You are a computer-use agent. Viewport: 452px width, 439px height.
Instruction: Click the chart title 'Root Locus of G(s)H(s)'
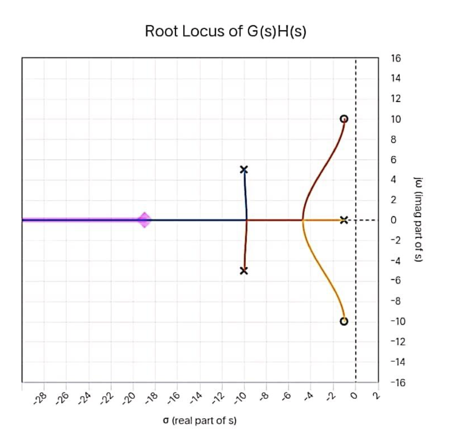pyautogui.click(x=226, y=32)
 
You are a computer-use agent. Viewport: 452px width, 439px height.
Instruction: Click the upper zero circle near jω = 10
pyautogui.click(x=344, y=119)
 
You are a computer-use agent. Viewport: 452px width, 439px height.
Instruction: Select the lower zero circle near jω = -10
pyautogui.click(x=344, y=321)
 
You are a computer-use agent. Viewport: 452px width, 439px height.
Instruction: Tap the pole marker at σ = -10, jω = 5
pyautogui.click(x=244, y=169)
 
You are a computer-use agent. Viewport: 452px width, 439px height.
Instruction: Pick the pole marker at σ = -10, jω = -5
pyautogui.click(x=244, y=271)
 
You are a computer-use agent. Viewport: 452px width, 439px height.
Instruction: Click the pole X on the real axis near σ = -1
pyautogui.click(x=344, y=220)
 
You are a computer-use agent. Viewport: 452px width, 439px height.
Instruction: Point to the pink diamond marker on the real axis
pyautogui.click(x=144, y=220)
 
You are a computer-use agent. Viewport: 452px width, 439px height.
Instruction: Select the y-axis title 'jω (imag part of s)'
pyautogui.click(x=418, y=220)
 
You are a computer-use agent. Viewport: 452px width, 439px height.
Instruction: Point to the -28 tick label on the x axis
pyautogui.click(x=43, y=399)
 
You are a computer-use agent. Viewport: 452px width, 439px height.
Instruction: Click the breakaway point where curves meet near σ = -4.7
pyautogui.click(x=303, y=220)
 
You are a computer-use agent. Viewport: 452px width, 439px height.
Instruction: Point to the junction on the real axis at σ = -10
pyautogui.click(x=246, y=220)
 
